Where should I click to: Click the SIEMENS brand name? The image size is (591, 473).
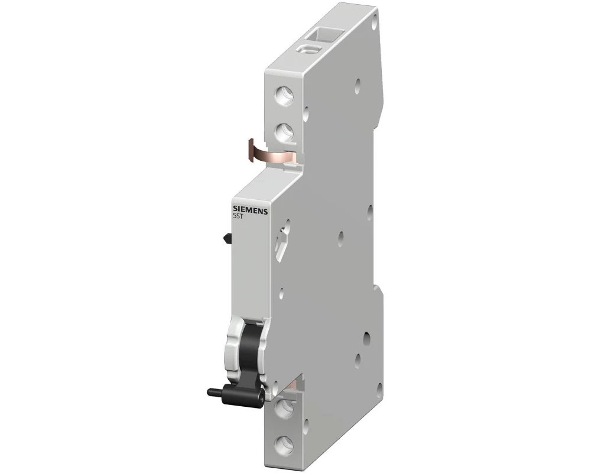click(x=249, y=210)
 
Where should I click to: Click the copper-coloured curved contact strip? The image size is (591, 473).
click(x=273, y=156)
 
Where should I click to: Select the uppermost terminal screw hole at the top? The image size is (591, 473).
click(x=285, y=93)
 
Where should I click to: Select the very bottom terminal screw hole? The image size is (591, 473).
click(x=286, y=442)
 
